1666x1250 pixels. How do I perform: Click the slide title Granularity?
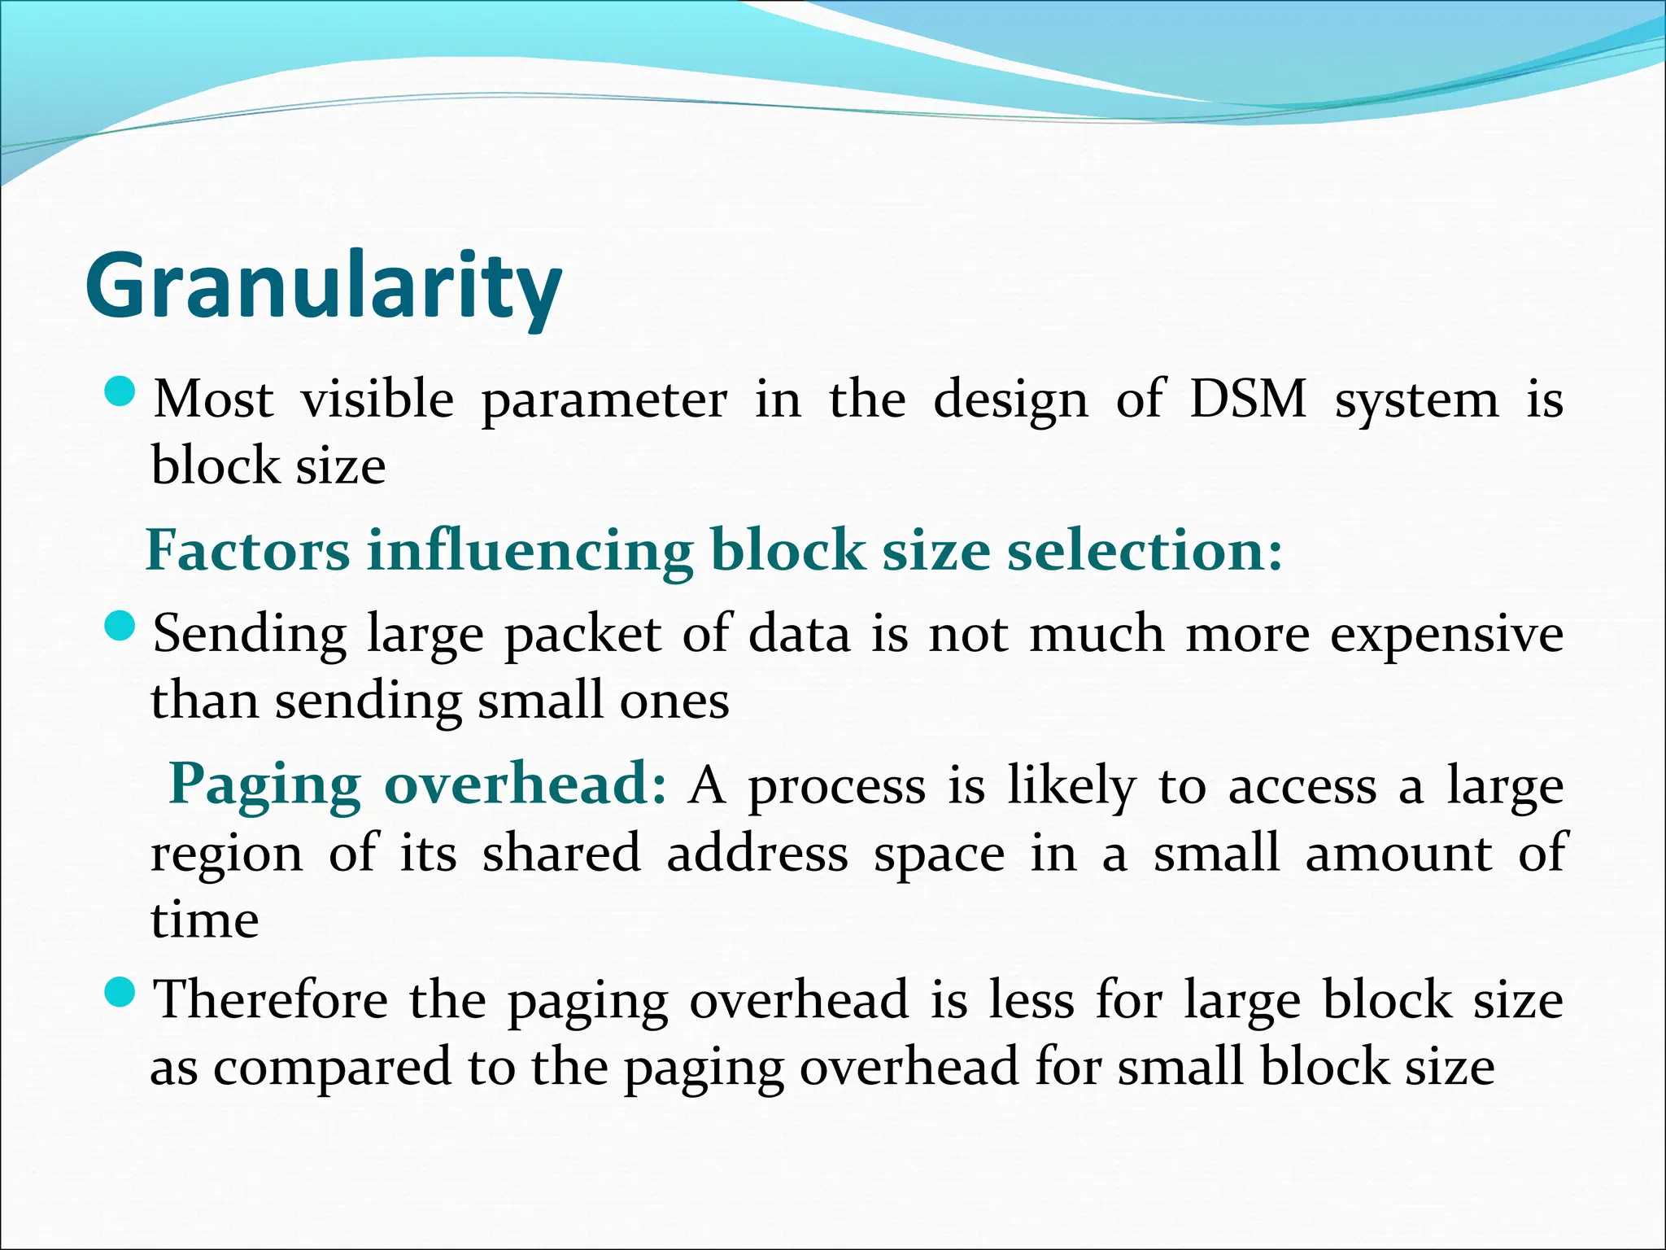pos(323,286)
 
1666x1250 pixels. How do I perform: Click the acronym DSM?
pos(1247,399)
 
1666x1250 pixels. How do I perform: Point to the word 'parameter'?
pos(604,400)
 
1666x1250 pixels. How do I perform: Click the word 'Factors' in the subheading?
pos(247,550)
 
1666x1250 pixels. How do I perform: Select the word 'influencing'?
pos(530,550)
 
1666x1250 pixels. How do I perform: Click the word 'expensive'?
pos(1446,635)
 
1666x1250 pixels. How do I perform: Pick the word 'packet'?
pos(582,635)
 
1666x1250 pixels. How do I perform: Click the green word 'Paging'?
pos(264,785)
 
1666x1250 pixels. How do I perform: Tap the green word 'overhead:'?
pos(526,785)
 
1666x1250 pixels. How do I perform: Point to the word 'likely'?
pos(1071,787)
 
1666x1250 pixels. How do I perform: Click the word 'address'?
pos(757,854)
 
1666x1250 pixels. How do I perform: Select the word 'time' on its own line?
pos(205,920)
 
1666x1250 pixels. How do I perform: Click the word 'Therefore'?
pos(271,999)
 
